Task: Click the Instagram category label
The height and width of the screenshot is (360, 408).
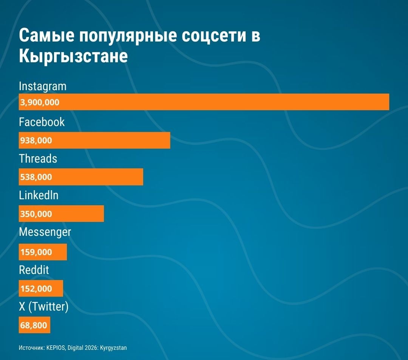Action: coord(43,86)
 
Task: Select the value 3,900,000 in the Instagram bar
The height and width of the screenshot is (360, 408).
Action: coord(40,102)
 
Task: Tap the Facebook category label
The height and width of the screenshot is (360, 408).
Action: coord(42,122)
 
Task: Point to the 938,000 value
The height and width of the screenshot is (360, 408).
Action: coord(36,140)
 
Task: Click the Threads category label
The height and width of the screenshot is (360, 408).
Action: coord(38,158)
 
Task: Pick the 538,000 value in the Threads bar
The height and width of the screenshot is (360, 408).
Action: coord(36,177)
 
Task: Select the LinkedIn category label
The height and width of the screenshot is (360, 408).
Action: coord(39,195)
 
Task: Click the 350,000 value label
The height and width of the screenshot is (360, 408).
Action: coord(36,214)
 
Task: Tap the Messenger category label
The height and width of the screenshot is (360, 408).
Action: coord(45,232)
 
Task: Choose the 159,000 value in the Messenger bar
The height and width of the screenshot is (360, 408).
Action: coord(36,252)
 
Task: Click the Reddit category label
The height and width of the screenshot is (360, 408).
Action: coord(34,270)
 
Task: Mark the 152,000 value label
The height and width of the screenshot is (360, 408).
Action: coord(36,289)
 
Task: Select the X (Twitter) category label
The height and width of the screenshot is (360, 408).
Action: coord(44,307)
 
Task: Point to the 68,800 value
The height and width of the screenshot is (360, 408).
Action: coord(34,325)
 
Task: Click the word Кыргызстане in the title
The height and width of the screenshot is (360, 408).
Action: coord(73,57)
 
